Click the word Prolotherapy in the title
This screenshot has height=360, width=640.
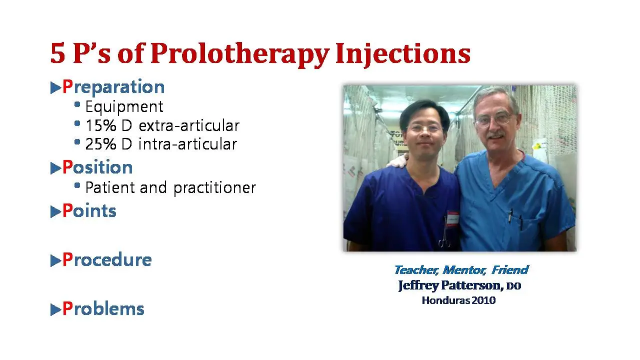(x=240, y=54)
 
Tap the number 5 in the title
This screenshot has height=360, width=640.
(x=57, y=53)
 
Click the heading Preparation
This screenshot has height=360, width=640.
(x=113, y=87)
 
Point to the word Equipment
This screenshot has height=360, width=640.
(x=124, y=107)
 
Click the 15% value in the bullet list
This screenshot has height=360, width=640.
(x=101, y=125)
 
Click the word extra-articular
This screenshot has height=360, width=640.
(x=189, y=125)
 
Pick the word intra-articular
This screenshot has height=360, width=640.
(x=187, y=144)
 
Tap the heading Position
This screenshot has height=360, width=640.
(x=97, y=167)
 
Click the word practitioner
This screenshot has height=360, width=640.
(x=214, y=188)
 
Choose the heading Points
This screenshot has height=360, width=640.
(x=89, y=211)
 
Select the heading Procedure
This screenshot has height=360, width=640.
(x=107, y=259)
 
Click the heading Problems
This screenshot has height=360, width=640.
(x=103, y=308)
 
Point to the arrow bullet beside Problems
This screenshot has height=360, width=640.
(x=55, y=309)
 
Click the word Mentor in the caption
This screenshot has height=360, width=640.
(x=464, y=270)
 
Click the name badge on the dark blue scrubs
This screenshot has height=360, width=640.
(x=452, y=219)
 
